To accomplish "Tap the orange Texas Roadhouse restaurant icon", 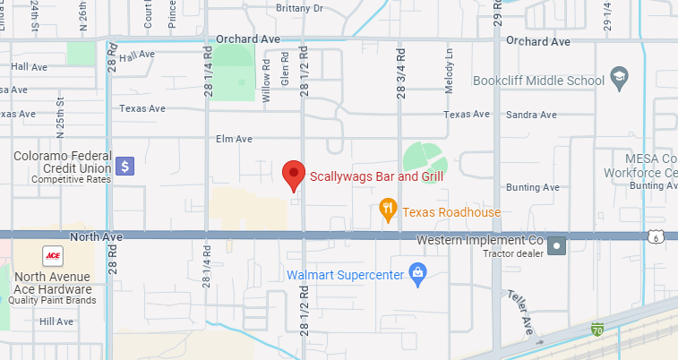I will (x=388, y=210).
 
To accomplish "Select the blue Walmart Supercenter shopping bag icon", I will (x=416, y=273).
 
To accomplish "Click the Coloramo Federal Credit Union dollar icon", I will (x=125, y=166).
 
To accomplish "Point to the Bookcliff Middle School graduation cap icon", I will (x=618, y=80).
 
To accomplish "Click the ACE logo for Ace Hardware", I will (x=53, y=253).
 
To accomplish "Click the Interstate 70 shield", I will (x=597, y=331).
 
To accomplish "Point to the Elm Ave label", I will (x=234, y=139).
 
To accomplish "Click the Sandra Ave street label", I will (x=531, y=115).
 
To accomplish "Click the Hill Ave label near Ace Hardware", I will (x=56, y=321).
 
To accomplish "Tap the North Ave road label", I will (x=94, y=236).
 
